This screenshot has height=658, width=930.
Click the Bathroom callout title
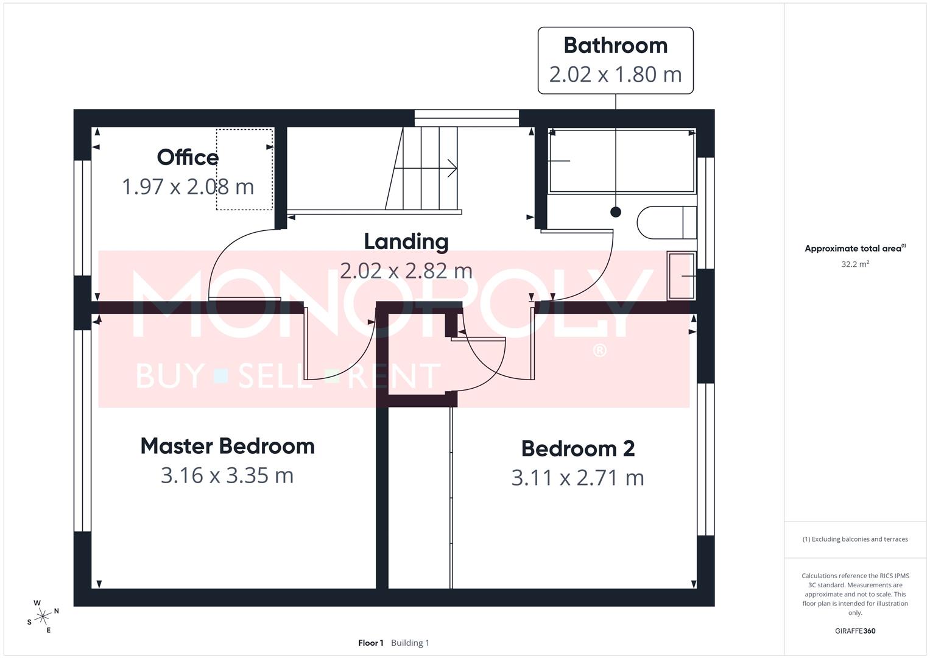point(615,46)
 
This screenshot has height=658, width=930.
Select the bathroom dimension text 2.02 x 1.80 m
point(615,74)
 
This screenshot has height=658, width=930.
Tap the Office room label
point(188,157)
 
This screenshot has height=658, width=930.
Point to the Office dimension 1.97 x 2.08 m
point(188,186)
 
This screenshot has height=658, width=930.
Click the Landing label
point(406,241)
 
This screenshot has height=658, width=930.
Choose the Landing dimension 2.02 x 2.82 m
point(406,271)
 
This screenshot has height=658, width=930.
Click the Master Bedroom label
point(227,446)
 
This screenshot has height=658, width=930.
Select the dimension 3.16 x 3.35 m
point(227,475)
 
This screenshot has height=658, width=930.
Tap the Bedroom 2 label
point(578,448)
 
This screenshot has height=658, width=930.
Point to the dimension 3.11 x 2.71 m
point(578,478)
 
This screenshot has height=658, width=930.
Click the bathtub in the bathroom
point(621,161)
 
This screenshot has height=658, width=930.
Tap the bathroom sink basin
point(682,276)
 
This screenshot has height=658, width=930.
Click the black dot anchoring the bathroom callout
point(616,212)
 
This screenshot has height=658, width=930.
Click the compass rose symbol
point(42,617)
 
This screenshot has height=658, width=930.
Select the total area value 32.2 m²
point(855,264)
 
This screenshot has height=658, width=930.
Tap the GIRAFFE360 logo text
point(855,631)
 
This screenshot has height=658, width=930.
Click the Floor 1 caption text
point(371,643)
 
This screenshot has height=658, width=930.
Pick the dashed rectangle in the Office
point(244,169)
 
